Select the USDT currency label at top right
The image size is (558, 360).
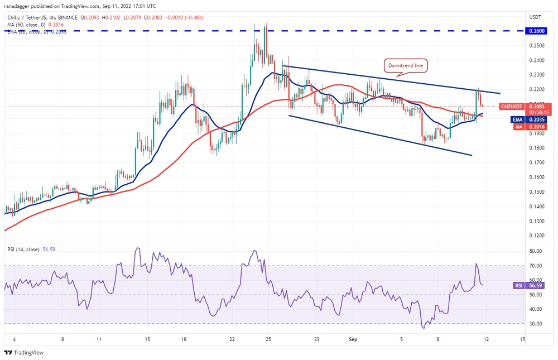click(x=535, y=17)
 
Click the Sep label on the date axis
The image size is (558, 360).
click(x=353, y=339)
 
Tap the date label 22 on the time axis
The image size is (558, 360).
click(x=232, y=339)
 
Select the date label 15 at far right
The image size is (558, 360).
click(x=522, y=339)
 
